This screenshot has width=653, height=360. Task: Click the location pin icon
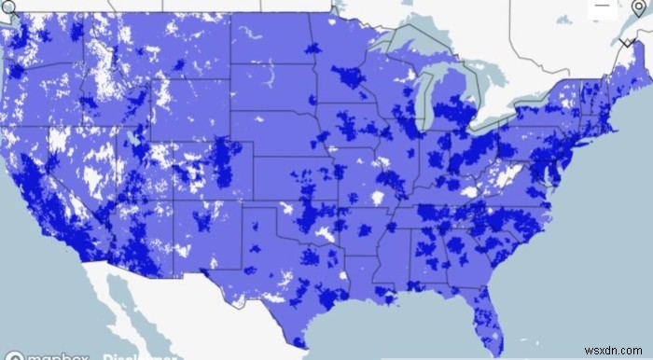tap(638, 10)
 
